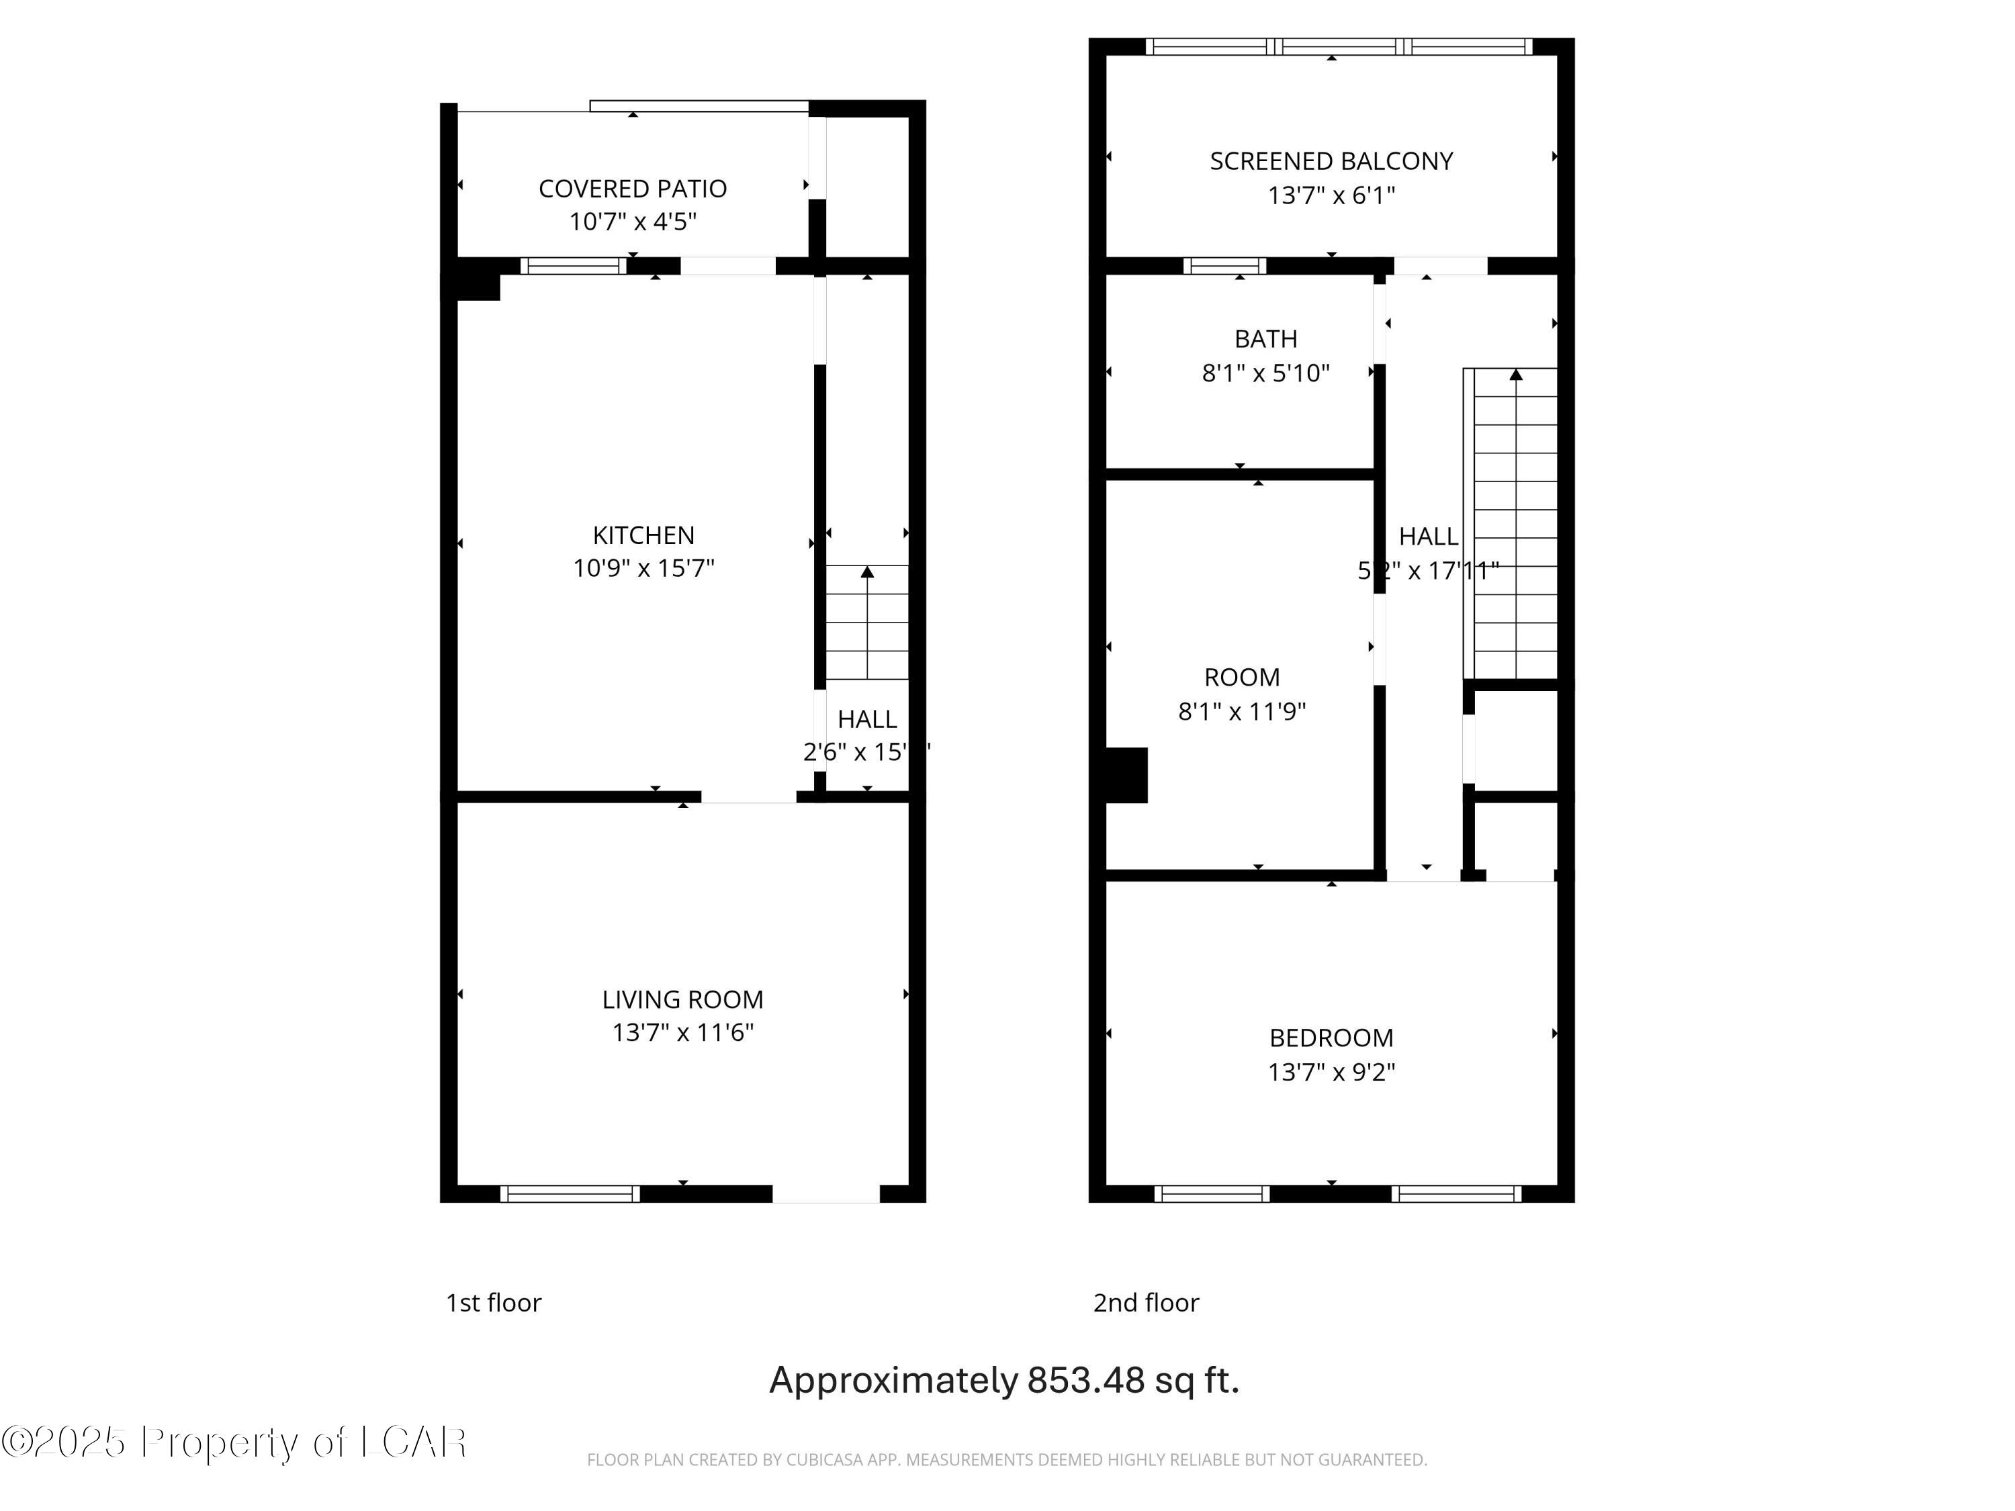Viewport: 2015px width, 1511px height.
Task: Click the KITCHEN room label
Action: pyautogui.click(x=643, y=535)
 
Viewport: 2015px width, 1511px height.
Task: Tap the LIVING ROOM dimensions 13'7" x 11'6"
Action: pyautogui.click(x=682, y=1032)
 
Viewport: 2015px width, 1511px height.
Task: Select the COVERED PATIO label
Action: pyautogui.click(x=632, y=189)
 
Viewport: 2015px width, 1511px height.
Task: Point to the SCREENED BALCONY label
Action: pyautogui.click(x=1331, y=161)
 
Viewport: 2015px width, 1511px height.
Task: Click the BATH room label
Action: pyautogui.click(x=1265, y=339)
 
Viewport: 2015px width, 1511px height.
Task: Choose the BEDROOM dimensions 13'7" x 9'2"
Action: pyautogui.click(x=1331, y=1071)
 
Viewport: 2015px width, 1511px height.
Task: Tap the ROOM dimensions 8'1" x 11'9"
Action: pyautogui.click(x=1242, y=711)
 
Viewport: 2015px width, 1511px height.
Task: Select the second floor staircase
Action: pyautogui.click(x=1514, y=524)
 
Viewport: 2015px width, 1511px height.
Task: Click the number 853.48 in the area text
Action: pyautogui.click(x=1085, y=1380)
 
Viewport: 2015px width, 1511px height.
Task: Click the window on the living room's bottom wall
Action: pyautogui.click(x=570, y=1194)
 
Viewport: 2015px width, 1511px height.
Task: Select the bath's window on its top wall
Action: pyautogui.click(x=1224, y=266)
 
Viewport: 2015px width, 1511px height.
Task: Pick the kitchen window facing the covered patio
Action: pyautogui.click(x=573, y=266)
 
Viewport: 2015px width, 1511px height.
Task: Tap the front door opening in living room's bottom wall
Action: pyautogui.click(x=825, y=1194)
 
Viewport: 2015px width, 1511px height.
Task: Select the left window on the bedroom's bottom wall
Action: pyautogui.click(x=1212, y=1194)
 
